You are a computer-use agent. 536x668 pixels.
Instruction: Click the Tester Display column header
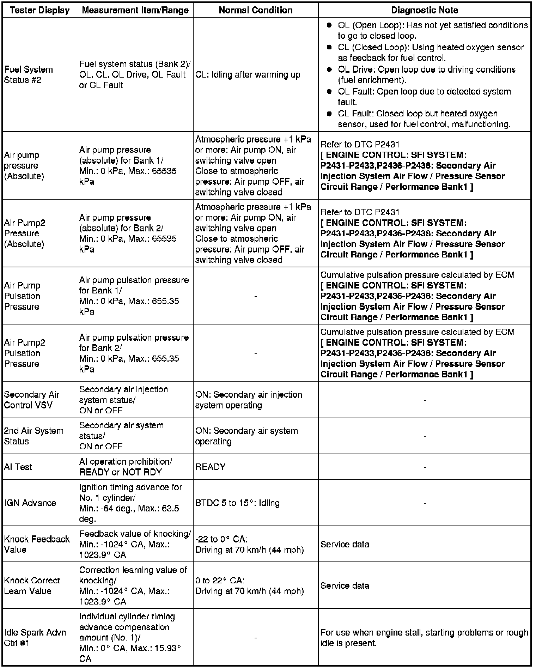point(40,10)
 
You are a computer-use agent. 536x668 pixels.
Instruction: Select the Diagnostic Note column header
point(425,10)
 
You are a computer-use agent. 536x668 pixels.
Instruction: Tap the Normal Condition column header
point(256,10)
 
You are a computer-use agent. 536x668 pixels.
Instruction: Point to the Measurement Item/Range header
point(135,10)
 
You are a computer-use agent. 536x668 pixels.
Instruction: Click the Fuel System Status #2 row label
point(28,75)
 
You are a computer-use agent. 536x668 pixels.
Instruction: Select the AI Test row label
point(18,467)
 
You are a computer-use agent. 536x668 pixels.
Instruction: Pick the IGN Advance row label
point(30,503)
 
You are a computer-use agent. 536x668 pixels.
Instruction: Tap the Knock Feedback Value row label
point(37,544)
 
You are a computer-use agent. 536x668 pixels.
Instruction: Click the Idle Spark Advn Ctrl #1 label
point(35,638)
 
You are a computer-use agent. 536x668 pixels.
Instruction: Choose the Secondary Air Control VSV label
point(32,400)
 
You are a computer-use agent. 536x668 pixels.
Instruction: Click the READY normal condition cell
point(210,467)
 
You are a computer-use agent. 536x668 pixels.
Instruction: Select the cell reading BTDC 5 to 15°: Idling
point(237,503)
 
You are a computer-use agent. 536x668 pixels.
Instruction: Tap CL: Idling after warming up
point(248,75)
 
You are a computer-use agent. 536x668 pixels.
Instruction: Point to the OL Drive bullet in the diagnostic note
point(426,75)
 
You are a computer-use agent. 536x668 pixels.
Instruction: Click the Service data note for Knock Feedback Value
point(345,545)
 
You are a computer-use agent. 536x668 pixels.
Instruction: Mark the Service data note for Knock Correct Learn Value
point(345,586)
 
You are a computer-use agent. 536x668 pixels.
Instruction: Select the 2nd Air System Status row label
point(34,436)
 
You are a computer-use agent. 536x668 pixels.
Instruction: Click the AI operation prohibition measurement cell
point(126,467)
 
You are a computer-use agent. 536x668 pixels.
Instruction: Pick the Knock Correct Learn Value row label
point(32,585)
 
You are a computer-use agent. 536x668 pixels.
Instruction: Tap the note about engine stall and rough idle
point(424,638)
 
